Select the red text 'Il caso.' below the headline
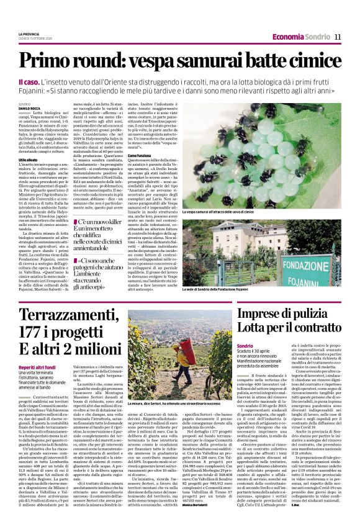coord(30,82)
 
